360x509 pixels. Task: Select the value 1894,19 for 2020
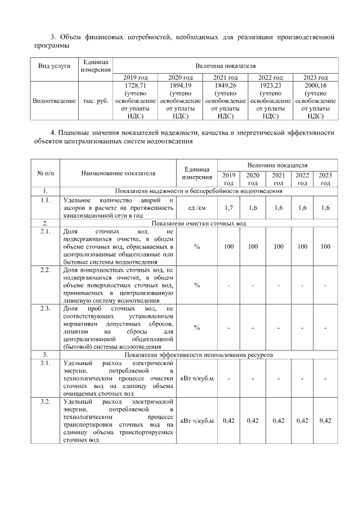[180, 85]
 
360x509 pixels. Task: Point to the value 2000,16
[316, 85]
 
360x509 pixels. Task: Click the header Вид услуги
[55, 65]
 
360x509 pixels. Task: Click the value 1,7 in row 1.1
[228, 208]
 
